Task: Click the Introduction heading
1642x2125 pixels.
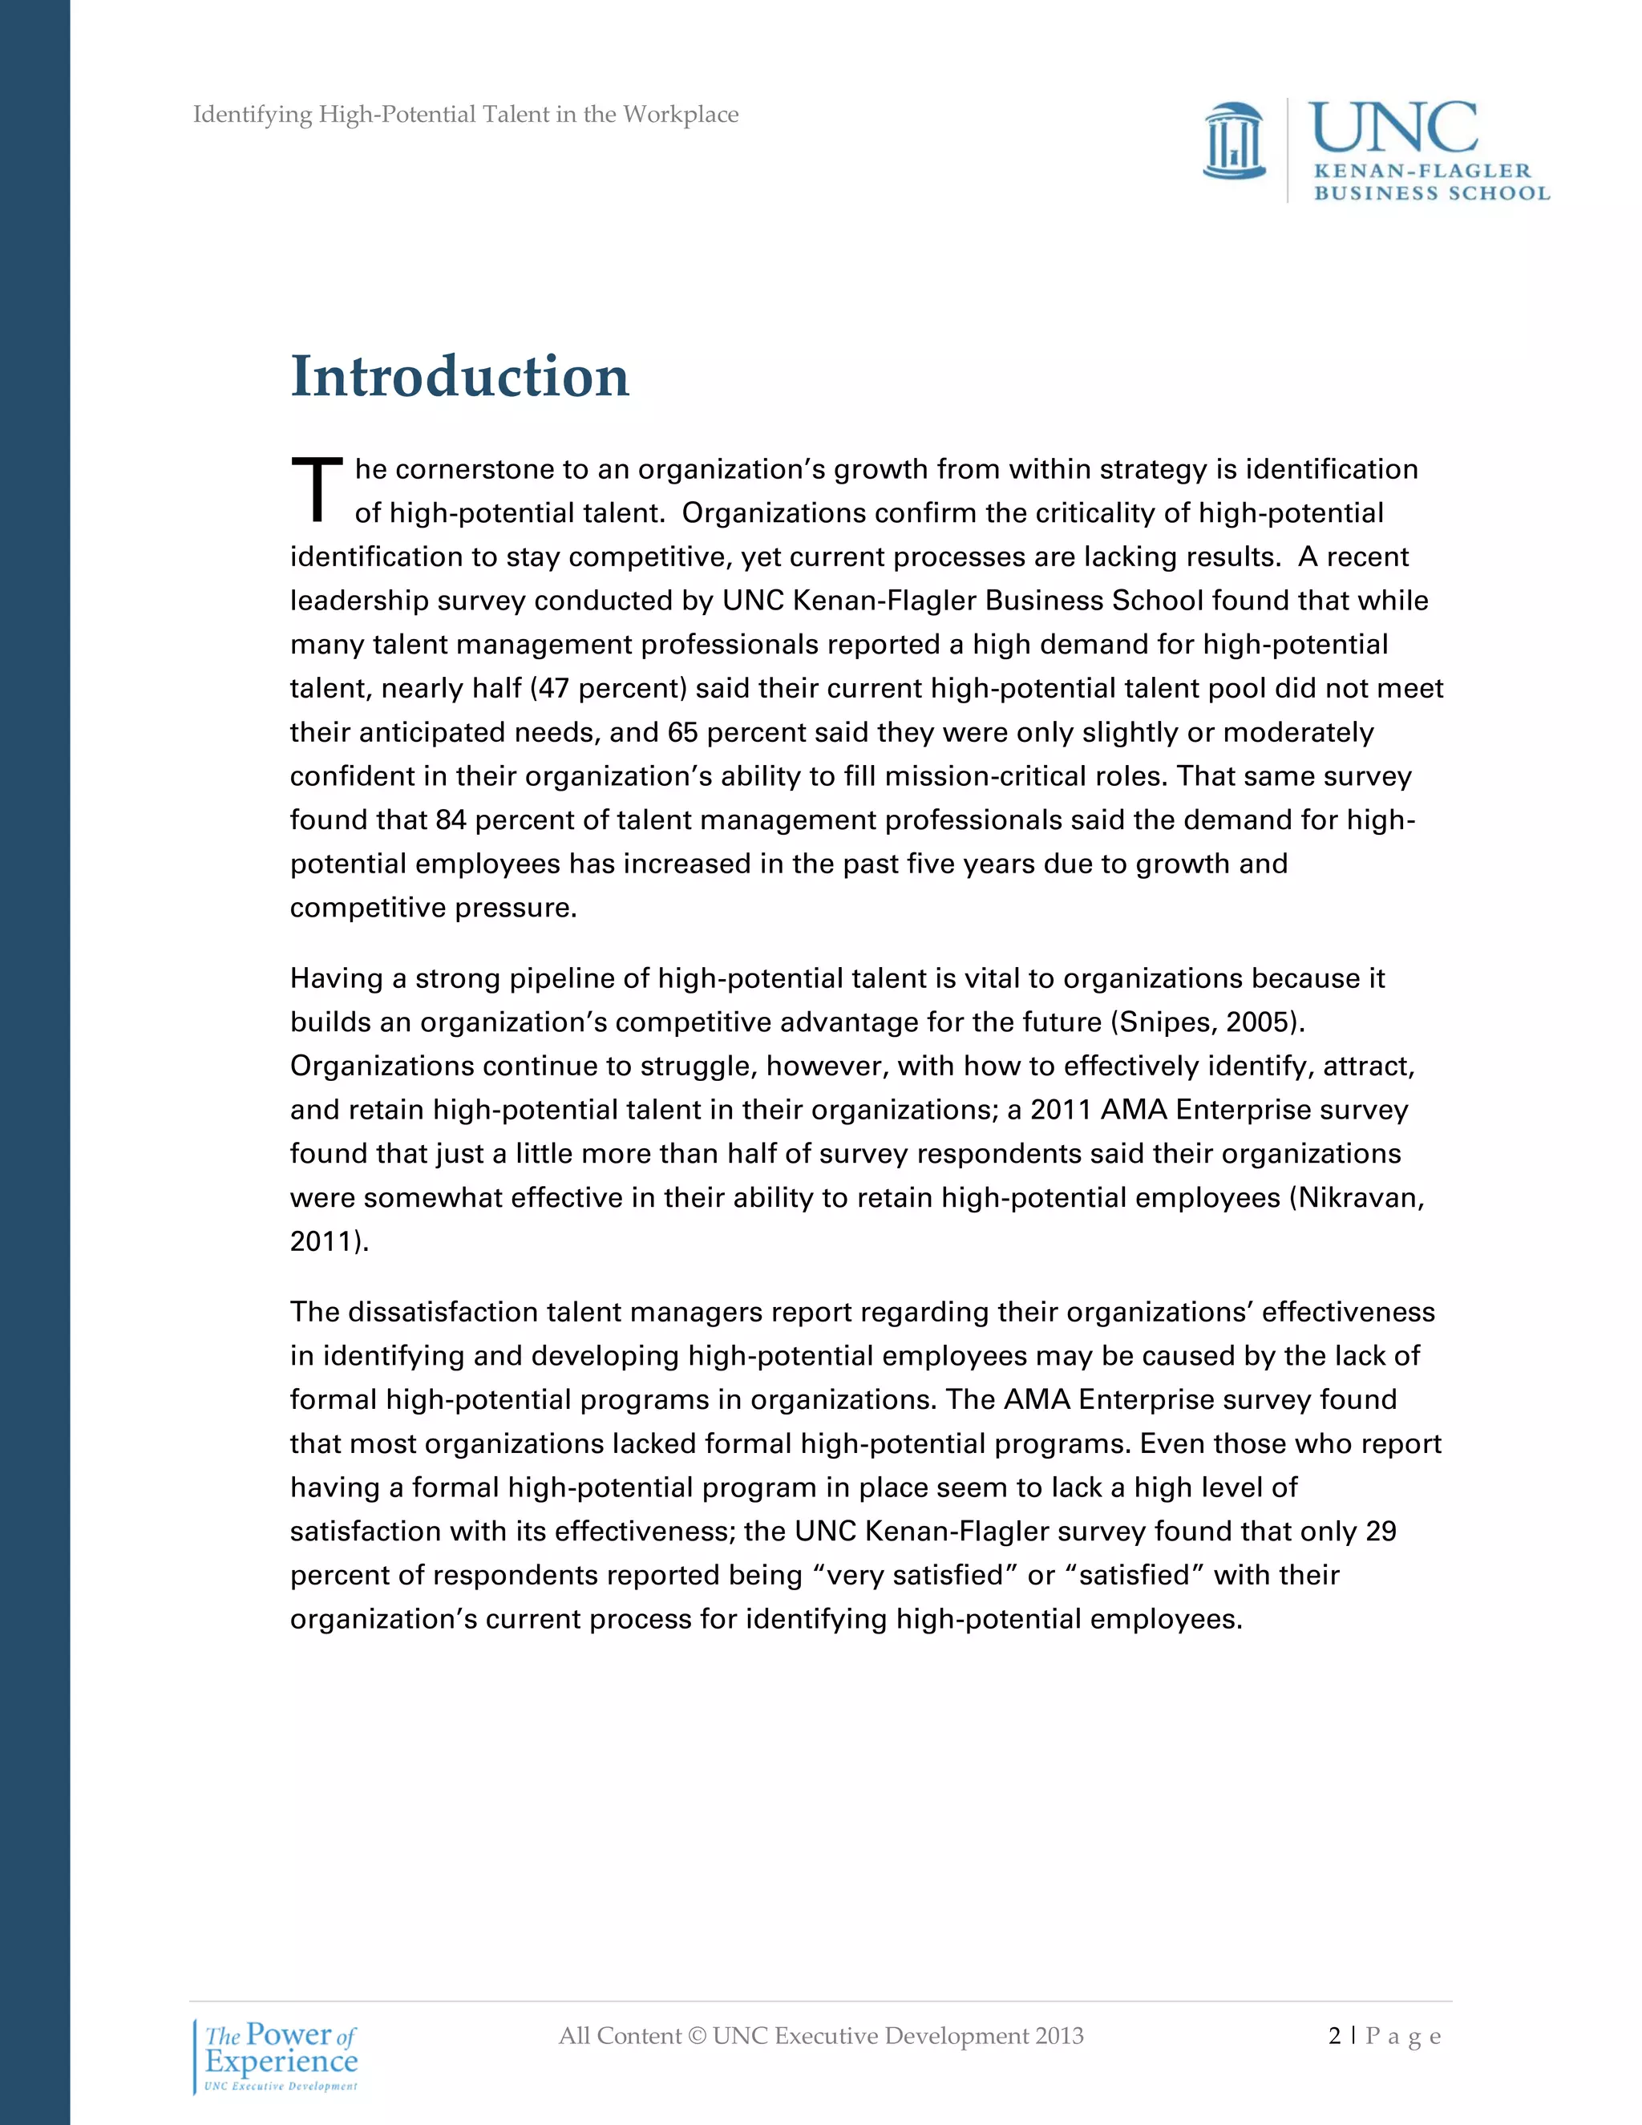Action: coord(459,378)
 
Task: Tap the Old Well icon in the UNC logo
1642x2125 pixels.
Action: coord(1233,142)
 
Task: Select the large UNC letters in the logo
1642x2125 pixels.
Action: coord(1392,128)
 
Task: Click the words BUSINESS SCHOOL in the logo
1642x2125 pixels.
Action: coord(1431,192)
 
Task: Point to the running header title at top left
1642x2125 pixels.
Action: coord(465,115)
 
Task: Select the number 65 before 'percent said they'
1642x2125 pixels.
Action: coord(683,733)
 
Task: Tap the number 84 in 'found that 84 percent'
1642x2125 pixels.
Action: coord(451,820)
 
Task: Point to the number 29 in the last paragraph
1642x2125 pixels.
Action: coord(1381,1532)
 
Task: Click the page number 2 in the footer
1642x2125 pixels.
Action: coord(1333,2037)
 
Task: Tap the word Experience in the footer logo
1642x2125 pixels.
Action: coord(281,2062)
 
